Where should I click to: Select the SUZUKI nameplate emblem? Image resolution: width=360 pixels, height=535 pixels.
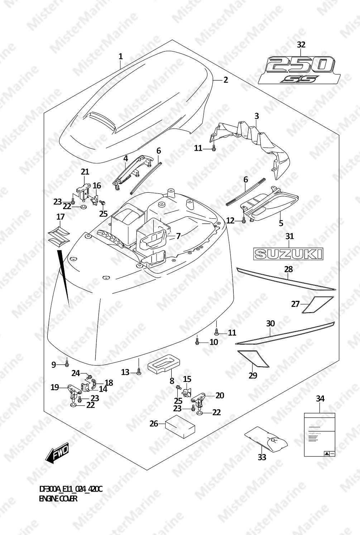coord(288,254)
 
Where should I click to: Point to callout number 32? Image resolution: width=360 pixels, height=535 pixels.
coord(301,45)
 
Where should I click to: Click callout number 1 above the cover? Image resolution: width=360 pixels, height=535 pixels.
coord(121,56)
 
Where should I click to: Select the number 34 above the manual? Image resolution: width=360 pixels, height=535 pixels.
coord(320,398)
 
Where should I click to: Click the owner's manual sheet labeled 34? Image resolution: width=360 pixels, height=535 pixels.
coord(320,434)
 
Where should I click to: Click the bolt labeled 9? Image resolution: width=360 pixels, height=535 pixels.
coord(67,364)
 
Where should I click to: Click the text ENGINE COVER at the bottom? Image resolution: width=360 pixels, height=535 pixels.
coord(58,498)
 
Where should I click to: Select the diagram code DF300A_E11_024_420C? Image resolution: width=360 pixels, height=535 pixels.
coord(71,489)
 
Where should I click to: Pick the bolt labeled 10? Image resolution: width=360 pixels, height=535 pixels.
coord(197,342)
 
